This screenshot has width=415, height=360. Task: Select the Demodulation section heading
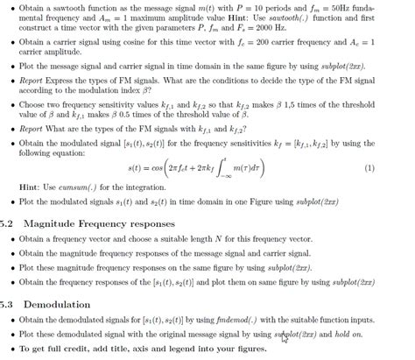click(58, 304)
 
